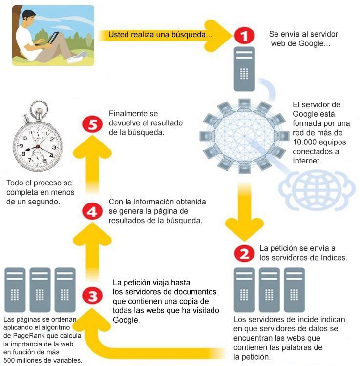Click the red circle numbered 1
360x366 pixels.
tap(244, 36)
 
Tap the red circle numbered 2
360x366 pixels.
tap(244, 253)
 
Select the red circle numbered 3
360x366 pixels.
tap(92, 296)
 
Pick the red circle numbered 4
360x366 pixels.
tap(92, 211)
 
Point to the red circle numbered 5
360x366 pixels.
tap(92, 124)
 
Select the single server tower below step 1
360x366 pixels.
tap(244, 69)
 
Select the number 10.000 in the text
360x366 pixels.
tap(305, 142)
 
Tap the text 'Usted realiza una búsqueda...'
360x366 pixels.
tap(160, 35)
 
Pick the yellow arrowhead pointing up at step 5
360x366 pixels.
tap(92, 146)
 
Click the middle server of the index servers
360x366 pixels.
tap(269, 290)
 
